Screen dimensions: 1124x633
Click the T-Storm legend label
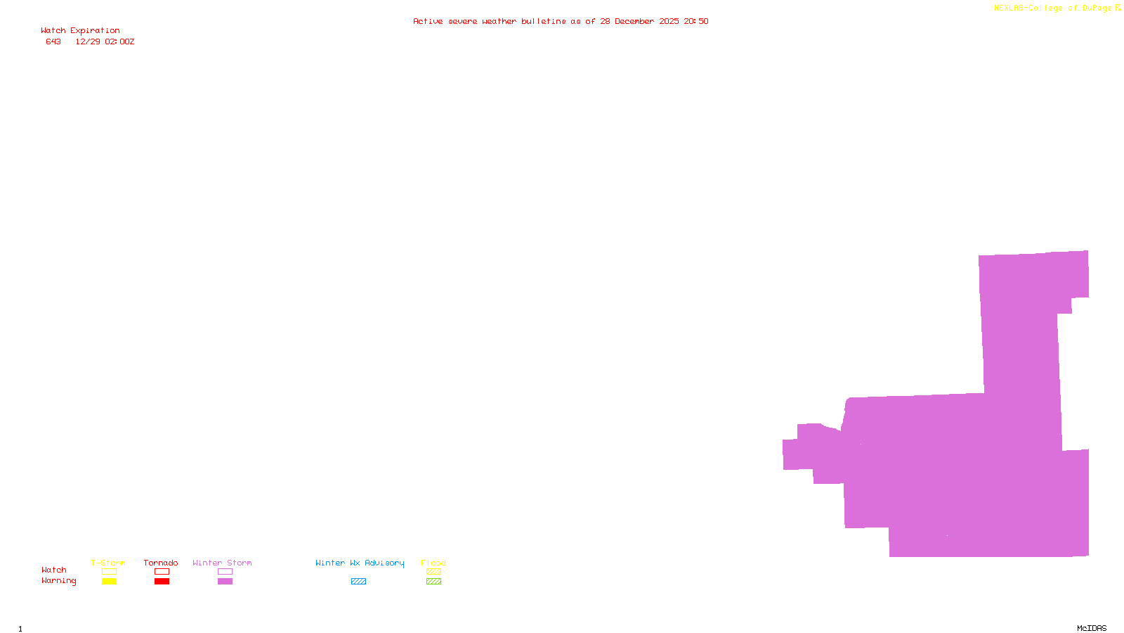(x=108, y=563)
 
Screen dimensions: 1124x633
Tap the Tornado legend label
(x=161, y=563)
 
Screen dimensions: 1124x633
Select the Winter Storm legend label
(x=222, y=563)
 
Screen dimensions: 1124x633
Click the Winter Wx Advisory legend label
(x=360, y=563)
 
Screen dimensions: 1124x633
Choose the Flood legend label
(x=433, y=563)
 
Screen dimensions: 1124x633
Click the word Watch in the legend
(x=54, y=570)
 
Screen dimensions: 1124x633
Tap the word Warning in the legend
(x=58, y=581)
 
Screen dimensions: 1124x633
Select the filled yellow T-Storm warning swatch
(x=109, y=582)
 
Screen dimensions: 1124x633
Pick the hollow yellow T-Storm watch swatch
(x=109, y=572)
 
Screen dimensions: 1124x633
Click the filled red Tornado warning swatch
(x=162, y=582)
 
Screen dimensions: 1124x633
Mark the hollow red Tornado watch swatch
(x=162, y=572)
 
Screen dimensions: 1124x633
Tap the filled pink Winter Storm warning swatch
(x=225, y=582)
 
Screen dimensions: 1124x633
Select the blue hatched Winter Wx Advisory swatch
(x=358, y=582)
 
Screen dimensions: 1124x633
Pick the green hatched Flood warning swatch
(x=433, y=582)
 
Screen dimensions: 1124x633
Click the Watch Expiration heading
(x=80, y=30)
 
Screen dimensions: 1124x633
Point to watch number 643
(x=53, y=41)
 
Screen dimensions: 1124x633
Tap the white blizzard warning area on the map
(x=780, y=513)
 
